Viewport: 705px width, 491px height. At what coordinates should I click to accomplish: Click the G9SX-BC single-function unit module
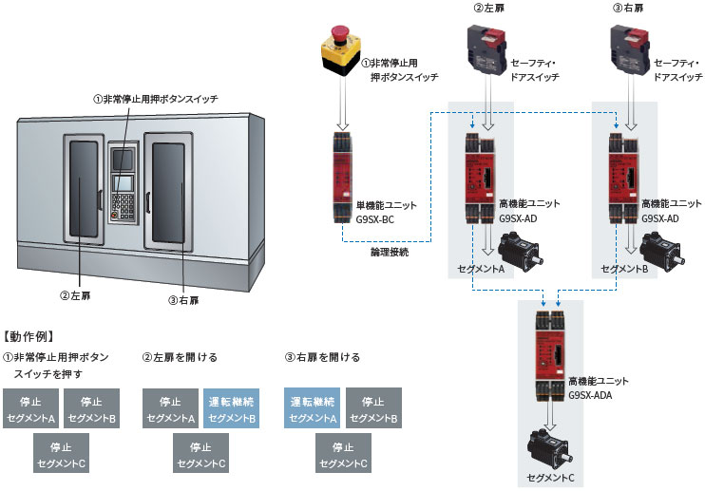(342, 178)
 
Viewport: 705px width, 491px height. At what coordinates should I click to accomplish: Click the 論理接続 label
(390, 255)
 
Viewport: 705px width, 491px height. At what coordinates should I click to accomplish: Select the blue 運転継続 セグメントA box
(313, 408)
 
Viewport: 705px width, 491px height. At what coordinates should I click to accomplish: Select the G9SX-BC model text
(374, 219)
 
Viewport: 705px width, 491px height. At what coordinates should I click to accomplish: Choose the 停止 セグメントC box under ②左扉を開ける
(200, 454)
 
